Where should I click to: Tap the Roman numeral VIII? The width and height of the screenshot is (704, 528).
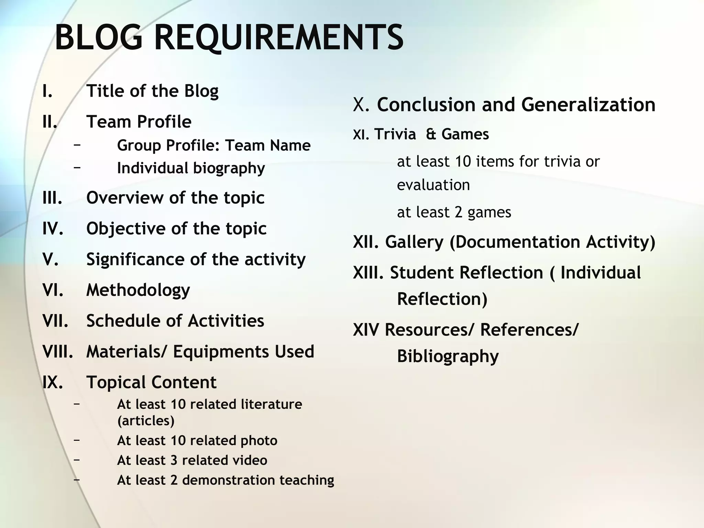(x=58, y=351)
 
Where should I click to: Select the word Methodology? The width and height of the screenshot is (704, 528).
(x=138, y=290)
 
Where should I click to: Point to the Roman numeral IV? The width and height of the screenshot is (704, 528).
(x=53, y=229)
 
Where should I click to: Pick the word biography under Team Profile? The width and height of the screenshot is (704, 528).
(x=229, y=168)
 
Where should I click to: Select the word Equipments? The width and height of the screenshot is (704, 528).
(x=221, y=351)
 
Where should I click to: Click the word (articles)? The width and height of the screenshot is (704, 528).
(x=146, y=421)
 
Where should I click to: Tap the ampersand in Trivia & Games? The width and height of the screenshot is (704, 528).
(x=431, y=134)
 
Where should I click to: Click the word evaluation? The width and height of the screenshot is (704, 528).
(x=433, y=185)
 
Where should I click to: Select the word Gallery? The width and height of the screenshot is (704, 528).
(x=414, y=242)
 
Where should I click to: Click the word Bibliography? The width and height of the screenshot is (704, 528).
(x=448, y=356)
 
